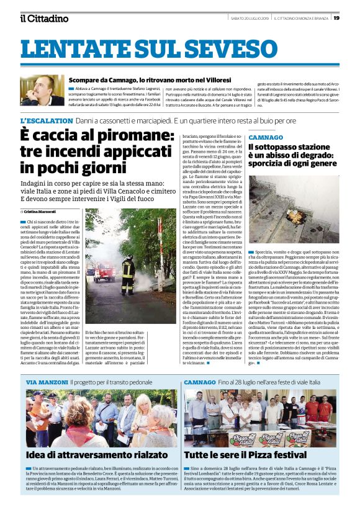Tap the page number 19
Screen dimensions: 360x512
coord(336,18)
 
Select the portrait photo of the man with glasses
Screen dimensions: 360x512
coord(42,91)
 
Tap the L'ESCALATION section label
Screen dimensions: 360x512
coord(46,119)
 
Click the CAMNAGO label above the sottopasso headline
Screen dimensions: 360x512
coord(266,137)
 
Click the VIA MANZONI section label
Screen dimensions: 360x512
coord(47,382)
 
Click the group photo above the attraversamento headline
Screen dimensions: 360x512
coord(101,418)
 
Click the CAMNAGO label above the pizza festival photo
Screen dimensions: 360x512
coord(200,382)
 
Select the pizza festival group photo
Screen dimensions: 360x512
coord(261,418)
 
